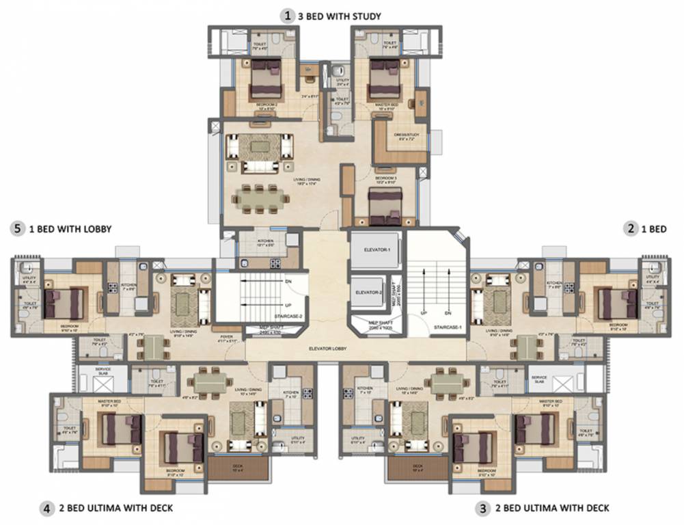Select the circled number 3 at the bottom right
483,508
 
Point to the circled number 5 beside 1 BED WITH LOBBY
17,230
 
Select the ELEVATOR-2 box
368,292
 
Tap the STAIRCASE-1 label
448,329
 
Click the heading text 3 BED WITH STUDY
339,15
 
